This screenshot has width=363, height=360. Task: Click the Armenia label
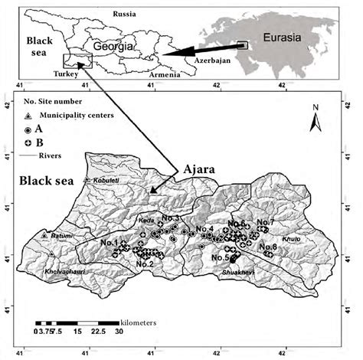(x=165, y=74)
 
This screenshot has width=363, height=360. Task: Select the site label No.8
(x=268, y=247)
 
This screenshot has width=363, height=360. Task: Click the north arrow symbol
(x=314, y=118)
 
